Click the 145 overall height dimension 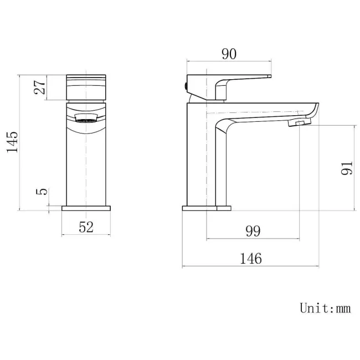click(x=13, y=142)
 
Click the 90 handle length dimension click(x=229, y=54)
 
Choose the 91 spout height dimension click(x=346, y=168)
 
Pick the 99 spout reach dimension click(x=252, y=231)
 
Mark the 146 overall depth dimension click(x=251, y=258)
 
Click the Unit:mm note click(x=325, y=308)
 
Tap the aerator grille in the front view click(x=86, y=117)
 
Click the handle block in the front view click(x=86, y=87)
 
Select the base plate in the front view click(x=86, y=209)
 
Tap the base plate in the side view click(x=206, y=209)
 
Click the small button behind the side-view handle click(x=184, y=85)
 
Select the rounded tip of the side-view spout click(x=316, y=109)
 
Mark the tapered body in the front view click(x=86, y=161)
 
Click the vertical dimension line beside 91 click(x=354, y=168)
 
